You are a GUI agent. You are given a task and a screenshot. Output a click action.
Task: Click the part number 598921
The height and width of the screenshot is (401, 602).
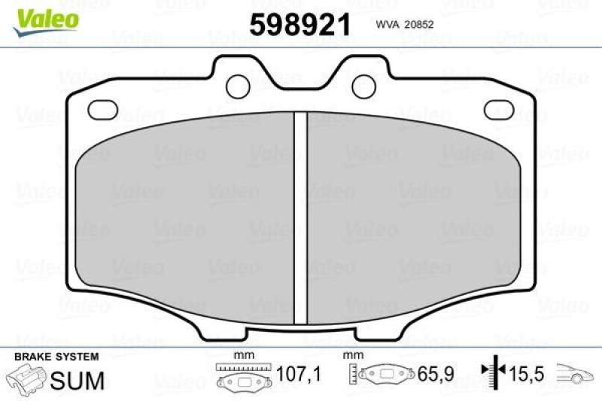[300, 25]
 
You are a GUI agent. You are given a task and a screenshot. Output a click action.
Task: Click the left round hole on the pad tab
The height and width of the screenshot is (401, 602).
[239, 83]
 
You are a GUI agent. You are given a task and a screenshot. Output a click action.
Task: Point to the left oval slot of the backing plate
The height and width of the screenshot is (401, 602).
[102, 111]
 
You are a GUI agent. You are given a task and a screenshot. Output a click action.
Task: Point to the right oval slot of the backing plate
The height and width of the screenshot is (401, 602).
[499, 111]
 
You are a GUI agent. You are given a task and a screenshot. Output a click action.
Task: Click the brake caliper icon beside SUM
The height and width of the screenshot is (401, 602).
[26, 379]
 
